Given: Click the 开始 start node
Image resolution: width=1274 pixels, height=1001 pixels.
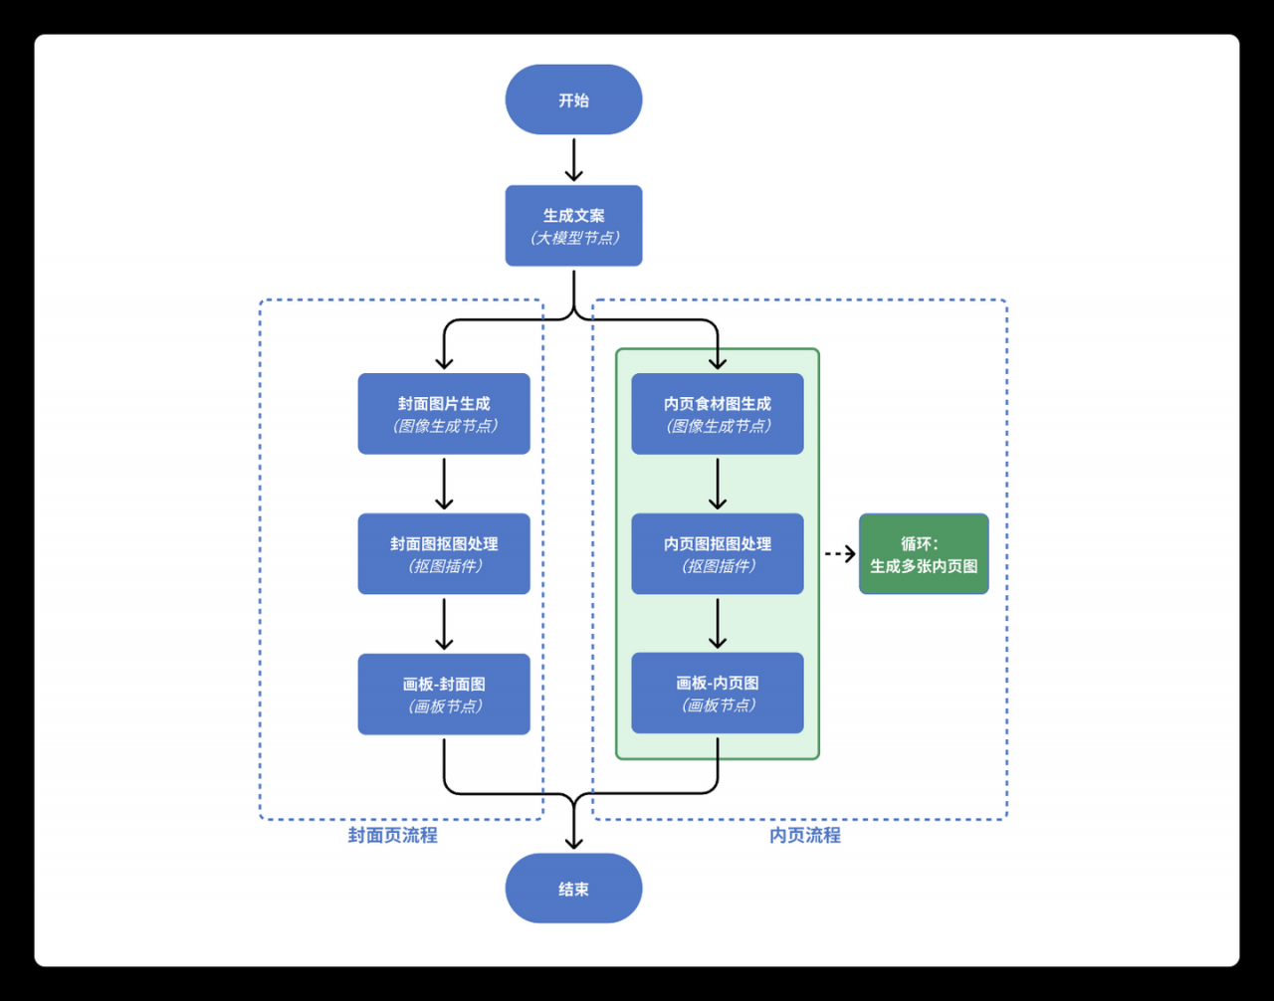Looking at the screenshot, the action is (573, 100).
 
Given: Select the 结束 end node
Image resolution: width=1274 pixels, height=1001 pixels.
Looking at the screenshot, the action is (573, 889).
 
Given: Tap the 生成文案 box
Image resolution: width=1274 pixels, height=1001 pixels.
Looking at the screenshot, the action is (573, 226).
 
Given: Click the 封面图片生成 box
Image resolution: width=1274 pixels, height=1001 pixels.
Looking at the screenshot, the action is (444, 414).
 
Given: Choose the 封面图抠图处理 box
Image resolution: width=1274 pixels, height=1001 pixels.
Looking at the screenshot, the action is (444, 554).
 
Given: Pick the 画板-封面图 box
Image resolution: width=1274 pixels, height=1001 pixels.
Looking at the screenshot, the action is (444, 694).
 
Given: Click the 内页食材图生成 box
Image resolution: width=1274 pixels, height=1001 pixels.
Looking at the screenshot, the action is (717, 414).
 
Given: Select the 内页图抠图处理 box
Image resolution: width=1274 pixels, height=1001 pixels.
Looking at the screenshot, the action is (717, 554).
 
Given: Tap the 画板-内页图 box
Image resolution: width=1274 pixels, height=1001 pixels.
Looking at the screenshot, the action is (717, 693).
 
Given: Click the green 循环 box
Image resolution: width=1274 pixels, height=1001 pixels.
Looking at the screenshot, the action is (924, 554).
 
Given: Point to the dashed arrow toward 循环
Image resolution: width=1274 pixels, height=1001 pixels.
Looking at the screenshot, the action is (840, 554).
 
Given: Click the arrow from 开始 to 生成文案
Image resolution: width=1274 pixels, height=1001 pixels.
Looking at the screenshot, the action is (573, 160).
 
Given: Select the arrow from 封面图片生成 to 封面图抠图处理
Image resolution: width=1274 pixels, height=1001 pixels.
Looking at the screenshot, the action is (444, 485).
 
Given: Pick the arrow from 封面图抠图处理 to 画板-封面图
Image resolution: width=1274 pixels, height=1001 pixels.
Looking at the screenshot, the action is (444, 624).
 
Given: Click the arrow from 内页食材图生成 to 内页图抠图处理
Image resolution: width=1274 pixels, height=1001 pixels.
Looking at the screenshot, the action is (717, 485).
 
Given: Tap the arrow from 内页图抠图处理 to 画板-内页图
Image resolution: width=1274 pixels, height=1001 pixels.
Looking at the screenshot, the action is (717, 624).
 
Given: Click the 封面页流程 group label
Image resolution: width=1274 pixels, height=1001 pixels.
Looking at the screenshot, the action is (393, 835).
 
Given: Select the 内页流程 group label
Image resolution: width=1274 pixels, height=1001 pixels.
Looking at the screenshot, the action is (805, 835).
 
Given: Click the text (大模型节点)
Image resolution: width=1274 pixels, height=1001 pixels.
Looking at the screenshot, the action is (574, 238).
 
